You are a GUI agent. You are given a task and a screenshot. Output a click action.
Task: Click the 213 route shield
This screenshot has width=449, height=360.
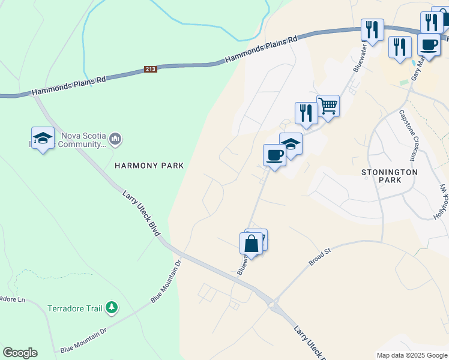(151, 70)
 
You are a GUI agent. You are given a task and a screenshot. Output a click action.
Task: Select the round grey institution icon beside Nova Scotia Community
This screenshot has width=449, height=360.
(115, 140)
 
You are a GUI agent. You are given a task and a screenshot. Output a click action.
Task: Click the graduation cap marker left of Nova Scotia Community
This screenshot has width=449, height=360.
(43, 138)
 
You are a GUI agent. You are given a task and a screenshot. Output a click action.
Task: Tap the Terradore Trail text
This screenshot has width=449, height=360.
(75, 308)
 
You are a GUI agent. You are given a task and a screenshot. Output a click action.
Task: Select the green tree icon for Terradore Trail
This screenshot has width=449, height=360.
(111, 308)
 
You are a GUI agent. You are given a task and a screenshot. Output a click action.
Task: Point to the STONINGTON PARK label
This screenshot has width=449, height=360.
(389, 176)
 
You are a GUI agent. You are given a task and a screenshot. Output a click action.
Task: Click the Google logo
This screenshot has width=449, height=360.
(20, 353)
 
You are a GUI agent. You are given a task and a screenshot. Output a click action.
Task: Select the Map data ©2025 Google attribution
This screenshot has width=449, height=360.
(411, 355)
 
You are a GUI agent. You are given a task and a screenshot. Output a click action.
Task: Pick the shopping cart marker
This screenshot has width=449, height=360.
(328, 106)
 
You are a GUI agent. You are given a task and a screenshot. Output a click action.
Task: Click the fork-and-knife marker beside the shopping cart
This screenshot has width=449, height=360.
(306, 112)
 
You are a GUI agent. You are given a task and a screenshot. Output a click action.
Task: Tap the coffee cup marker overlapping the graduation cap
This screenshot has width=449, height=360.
(274, 155)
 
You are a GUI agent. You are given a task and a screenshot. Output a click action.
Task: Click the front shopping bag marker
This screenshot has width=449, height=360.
(251, 243)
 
